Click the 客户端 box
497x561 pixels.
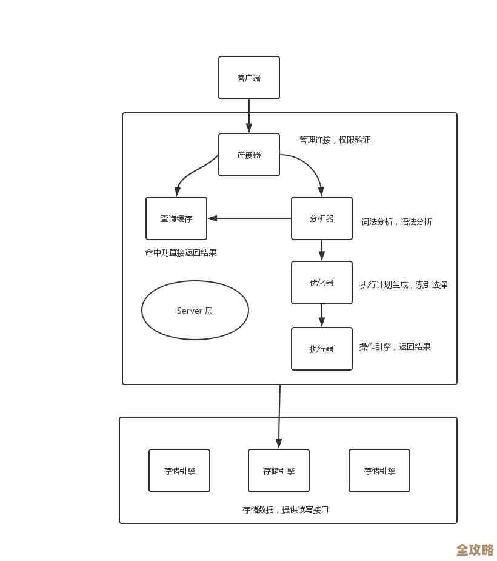pos(248,78)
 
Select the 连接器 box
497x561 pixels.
pos(248,155)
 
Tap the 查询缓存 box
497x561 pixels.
pos(176,218)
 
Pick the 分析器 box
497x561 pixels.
pos(321,218)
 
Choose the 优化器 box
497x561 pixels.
pos(321,283)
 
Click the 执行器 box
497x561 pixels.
pos(321,349)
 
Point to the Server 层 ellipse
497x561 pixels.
pos(195,310)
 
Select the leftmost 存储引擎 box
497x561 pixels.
pos(179,471)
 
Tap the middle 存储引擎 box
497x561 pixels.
pos(278,471)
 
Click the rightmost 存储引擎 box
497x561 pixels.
pos(379,471)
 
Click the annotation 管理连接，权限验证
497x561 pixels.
pos(335,140)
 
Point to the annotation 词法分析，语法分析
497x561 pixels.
pos(396,222)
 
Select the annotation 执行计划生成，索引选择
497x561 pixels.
pos(404,285)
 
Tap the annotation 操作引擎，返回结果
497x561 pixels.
pos(395,347)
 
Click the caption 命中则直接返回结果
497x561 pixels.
pos(181,253)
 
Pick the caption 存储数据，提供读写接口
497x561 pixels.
pos(285,510)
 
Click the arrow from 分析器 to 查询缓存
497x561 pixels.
pos(249,218)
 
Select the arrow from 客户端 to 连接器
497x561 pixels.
pos(248,116)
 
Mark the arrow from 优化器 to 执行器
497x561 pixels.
pos(321,315)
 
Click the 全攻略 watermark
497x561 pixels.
pos(475,549)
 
